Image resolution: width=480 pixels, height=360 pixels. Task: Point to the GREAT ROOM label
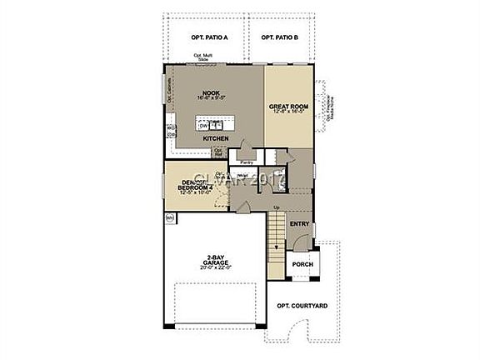coord(289,107)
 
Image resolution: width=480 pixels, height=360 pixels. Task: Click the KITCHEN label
coord(216,138)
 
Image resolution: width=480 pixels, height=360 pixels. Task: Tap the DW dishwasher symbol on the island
coord(203,126)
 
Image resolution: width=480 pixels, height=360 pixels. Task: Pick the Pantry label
coord(246,162)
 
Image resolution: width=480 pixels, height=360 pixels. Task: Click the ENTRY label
coord(299,224)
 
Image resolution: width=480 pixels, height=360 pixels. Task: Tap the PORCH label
coord(301,265)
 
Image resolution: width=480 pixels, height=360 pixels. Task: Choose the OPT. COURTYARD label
coord(302,306)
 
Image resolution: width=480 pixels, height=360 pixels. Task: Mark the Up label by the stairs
coord(276,207)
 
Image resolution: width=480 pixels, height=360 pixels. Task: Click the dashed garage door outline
coord(221,303)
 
